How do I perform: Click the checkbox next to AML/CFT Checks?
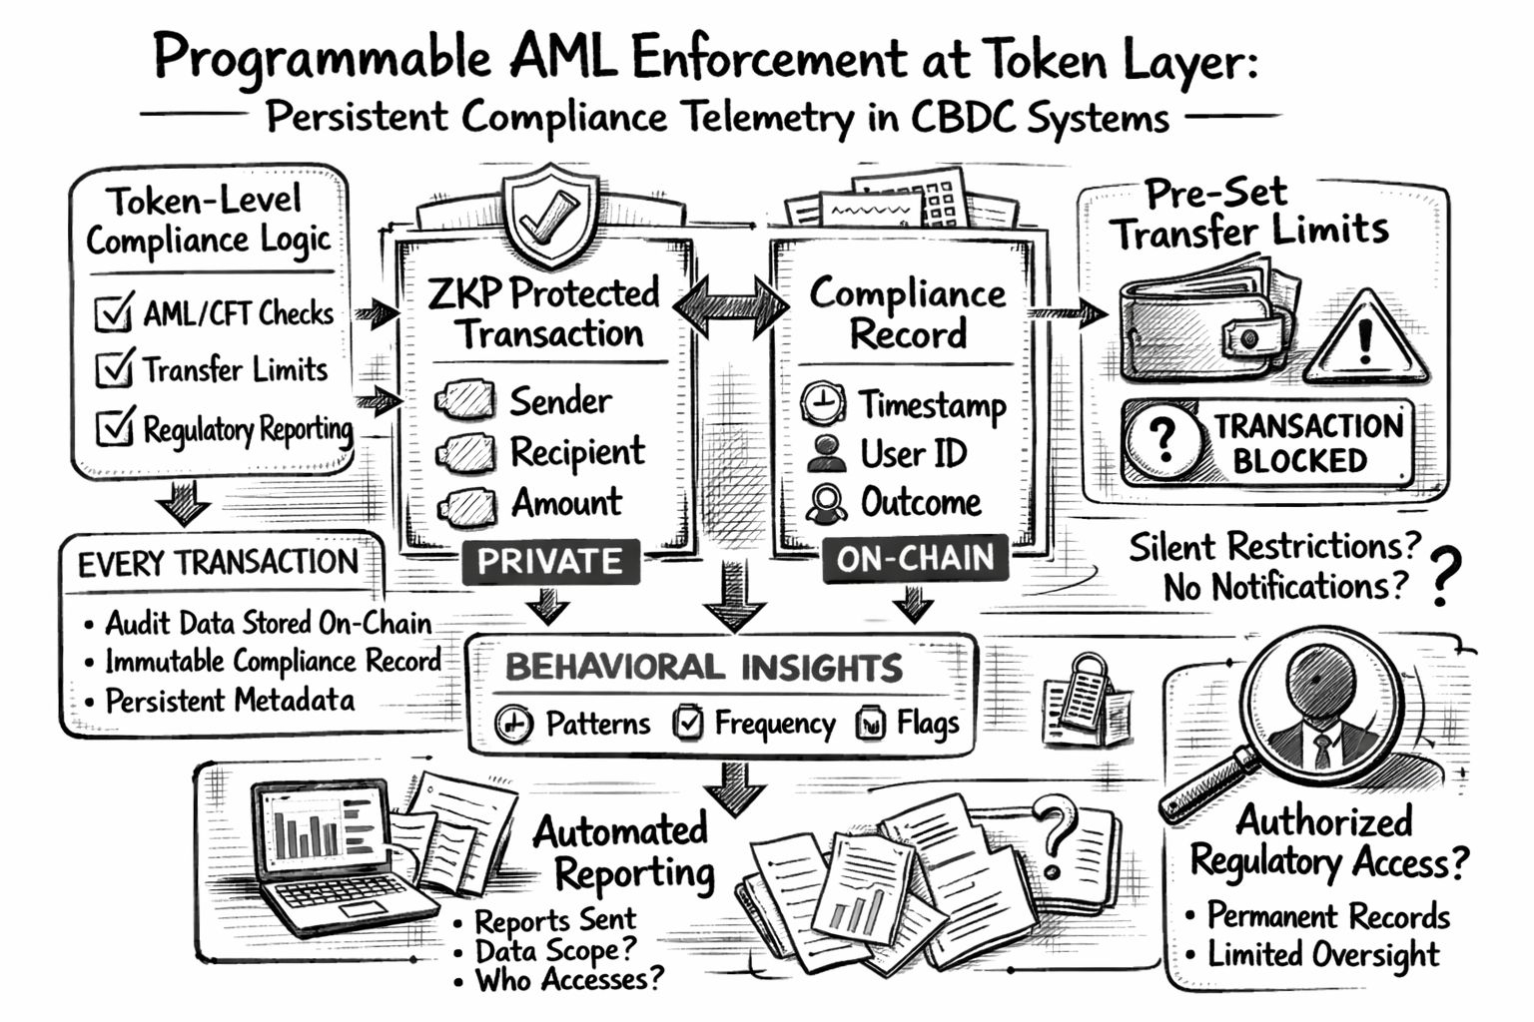tap(113, 312)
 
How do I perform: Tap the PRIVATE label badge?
tap(550, 562)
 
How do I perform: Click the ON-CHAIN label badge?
tap(915, 560)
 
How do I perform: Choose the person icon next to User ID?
tap(826, 453)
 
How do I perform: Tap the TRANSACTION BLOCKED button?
tap(1266, 442)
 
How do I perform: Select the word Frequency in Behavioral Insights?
tap(774, 724)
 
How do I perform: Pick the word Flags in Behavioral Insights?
tap(927, 723)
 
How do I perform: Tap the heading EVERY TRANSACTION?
tap(218, 563)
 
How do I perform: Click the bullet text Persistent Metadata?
tap(230, 701)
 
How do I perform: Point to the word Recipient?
tap(577, 452)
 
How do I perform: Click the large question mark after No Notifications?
tap(1443, 576)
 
